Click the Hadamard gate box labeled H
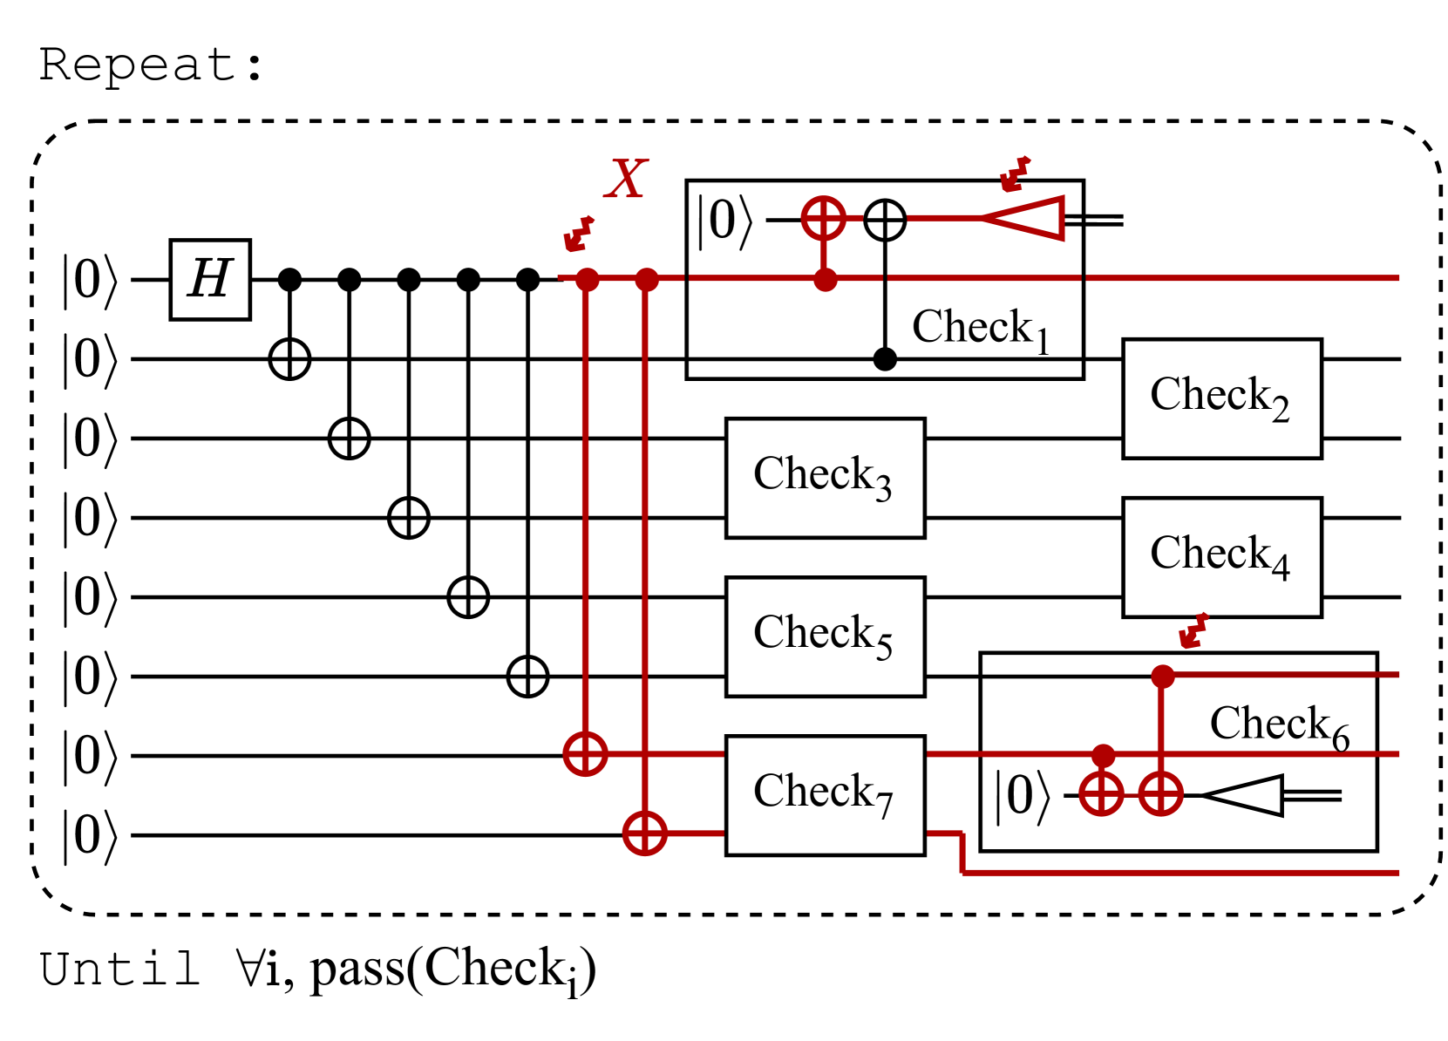(210, 279)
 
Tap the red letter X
(626, 178)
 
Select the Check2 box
(1221, 398)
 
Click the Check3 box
(825, 478)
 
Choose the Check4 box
(1221, 557)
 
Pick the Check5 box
(825, 636)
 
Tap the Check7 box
(825, 795)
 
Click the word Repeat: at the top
(151, 66)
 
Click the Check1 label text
(980, 329)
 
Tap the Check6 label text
(1279, 726)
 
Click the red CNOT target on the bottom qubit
(644, 833)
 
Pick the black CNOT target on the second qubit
(289, 359)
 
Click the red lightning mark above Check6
(1193, 630)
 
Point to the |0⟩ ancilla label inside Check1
(724, 221)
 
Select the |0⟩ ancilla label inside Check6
(1023, 797)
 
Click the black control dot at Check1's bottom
(885, 359)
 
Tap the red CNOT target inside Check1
(824, 219)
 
